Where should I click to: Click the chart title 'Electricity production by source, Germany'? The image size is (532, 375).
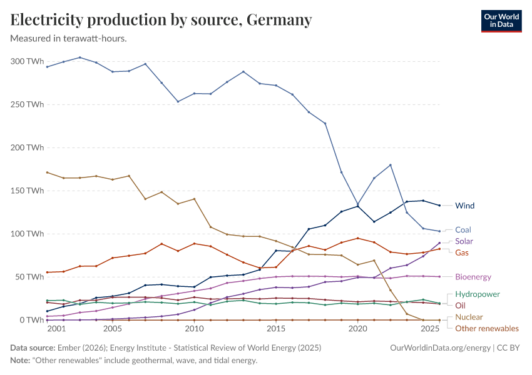161,20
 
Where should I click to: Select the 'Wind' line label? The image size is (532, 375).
465,205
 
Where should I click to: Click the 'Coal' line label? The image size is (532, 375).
463,230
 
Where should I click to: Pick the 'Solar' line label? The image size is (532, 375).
464,241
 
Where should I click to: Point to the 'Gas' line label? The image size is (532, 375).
462,252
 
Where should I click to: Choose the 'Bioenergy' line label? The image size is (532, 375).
473,277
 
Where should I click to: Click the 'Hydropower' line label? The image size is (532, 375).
477,294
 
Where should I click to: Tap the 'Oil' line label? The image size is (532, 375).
460,306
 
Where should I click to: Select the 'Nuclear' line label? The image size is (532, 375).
469,317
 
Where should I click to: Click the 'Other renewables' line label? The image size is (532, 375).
487,328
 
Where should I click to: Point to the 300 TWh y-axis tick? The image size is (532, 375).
27,61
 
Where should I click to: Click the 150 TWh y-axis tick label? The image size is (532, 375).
27,191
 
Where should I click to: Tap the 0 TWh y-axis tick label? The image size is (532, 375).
30,320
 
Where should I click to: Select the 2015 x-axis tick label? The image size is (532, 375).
276,329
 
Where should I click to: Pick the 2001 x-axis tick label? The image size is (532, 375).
56,329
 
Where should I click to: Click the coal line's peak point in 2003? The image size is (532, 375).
79,57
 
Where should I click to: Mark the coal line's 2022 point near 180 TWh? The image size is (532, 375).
391,165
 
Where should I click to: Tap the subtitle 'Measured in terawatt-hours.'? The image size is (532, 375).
69,38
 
